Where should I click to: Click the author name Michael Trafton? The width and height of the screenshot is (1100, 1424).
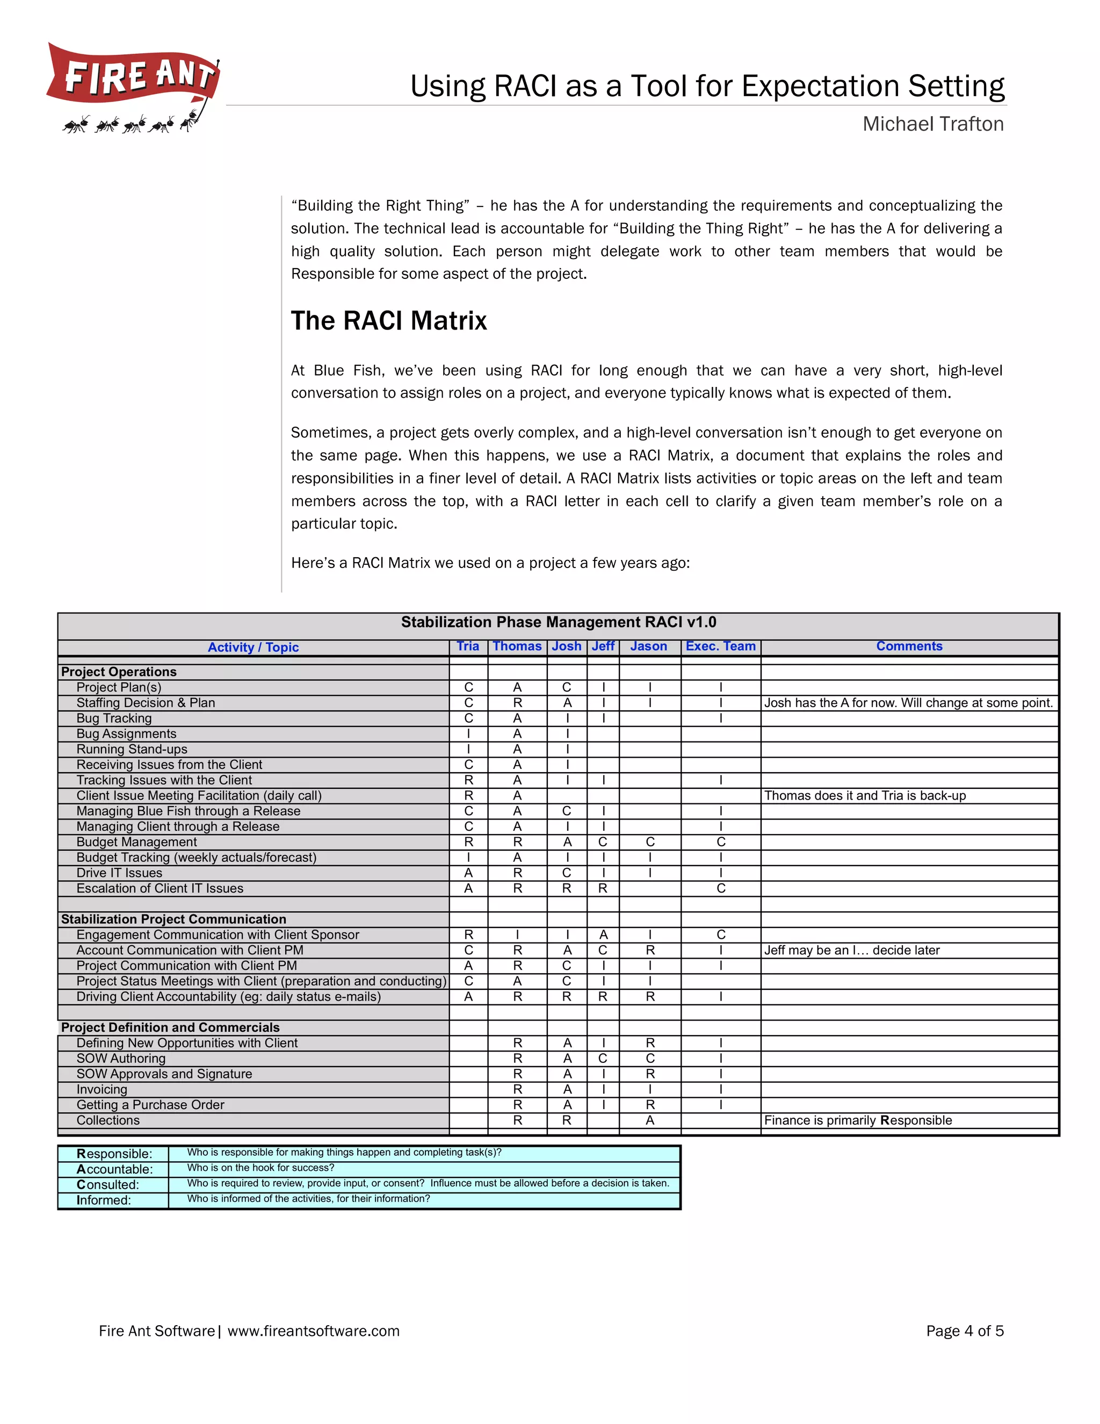(x=932, y=124)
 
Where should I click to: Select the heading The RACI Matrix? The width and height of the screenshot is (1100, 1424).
(x=388, y=321)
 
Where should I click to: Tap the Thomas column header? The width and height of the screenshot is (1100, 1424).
(x=517, y=646)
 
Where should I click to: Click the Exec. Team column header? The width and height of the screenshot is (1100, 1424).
(x=720, y=646)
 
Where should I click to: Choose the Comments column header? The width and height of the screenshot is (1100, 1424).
(x=909, y=646)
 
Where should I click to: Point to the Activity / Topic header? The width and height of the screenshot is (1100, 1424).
(x=253, y=648)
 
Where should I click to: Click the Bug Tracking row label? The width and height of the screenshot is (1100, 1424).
(x=114, y=718)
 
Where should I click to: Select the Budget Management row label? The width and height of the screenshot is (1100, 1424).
(x=137, y=842)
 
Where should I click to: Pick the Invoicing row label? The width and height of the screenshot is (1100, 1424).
(x=102, y=1089)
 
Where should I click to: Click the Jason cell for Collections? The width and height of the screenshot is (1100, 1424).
(x=650, y=1120)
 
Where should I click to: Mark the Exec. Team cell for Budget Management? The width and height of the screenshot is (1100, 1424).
(x=721, y=842)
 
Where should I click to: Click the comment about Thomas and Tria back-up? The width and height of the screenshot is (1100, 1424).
(x=865, y=795)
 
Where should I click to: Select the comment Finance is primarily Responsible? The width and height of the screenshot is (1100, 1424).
(x=858, y=1120)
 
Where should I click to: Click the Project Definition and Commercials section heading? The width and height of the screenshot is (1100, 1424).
(x=170, y=1027)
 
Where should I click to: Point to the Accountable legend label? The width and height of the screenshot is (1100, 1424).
(x=115, y=1169)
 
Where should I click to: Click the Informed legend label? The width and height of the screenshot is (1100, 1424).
(x=104, y=1200)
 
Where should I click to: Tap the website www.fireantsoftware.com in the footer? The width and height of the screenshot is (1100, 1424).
(x=314, y=1330)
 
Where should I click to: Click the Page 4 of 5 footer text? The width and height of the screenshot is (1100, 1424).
(x=965, y=1330)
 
